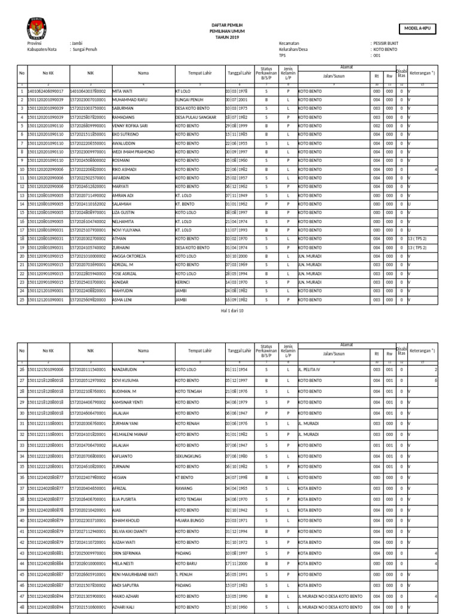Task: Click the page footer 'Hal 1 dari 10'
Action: pos(229,311)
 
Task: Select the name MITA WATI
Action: pos(122,91)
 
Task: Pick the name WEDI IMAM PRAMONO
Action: pos(133,152)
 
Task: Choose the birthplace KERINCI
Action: pos(183,282)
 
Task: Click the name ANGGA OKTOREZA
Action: pos(129,256)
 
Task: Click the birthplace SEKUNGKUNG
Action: pos(189,456)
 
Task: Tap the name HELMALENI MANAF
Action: pos(130,434)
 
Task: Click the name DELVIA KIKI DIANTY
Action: pos(132,531)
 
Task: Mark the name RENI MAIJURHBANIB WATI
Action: pos(135,574)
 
